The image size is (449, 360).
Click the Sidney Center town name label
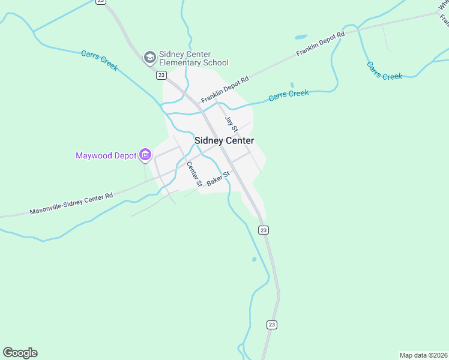tap(224, 140)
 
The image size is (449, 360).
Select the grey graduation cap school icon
tap(149, 58)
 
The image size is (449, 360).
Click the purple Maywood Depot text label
tap(106, 155)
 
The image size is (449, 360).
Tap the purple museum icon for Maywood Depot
tap(145, 155)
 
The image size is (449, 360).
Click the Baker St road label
tap(218, 179)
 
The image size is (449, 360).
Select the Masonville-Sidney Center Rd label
tap(71, 204)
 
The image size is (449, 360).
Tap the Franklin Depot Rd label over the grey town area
tap(224, 89)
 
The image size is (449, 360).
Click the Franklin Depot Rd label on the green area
tap(321, 44)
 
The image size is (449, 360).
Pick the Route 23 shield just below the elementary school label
tap(161, 75)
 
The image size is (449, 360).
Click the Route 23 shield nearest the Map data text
tap(272, 325)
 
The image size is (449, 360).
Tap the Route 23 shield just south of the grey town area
tap(264, 230)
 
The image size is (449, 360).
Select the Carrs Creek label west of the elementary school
tap(100, 61)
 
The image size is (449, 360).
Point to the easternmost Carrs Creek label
tap(384, 71)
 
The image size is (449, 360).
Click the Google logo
tap(20, 353)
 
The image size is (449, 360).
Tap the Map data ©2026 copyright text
tap(424, 355)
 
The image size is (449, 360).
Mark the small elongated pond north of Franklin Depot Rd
tap(301, 37)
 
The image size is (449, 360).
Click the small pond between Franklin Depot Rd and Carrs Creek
tap(292, 85)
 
